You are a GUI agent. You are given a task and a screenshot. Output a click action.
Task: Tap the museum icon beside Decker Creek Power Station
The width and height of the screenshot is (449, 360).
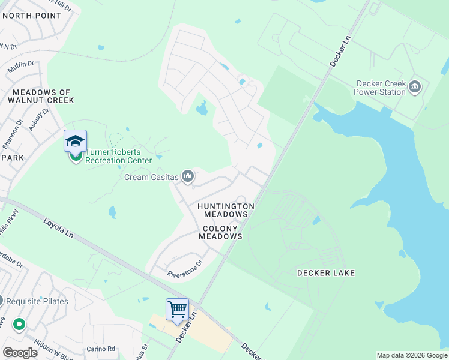pos(415,88)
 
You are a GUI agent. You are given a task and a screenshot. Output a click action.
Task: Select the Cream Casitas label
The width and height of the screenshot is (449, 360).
pos(152,177)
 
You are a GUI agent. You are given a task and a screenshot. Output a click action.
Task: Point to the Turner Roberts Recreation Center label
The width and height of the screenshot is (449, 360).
pos(119,156)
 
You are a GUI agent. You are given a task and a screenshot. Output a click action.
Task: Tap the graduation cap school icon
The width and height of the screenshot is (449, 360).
pos(76,141)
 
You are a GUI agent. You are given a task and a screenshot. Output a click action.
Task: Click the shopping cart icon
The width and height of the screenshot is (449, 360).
pos(178,310)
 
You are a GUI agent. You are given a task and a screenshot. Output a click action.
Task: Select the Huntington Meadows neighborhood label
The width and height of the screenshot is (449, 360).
pos(226,210)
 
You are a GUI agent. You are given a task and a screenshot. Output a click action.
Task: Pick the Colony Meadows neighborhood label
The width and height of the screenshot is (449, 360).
pos(222,232)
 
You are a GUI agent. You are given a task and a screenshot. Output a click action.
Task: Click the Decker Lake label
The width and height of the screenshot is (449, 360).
pos(326,273)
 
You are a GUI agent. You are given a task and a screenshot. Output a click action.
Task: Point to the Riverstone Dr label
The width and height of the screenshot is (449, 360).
pos(185,268)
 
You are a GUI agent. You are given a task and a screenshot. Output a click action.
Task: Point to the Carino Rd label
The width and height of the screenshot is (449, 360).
pos(100,349)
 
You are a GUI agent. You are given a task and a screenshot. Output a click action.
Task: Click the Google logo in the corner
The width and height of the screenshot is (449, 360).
pos(20,352)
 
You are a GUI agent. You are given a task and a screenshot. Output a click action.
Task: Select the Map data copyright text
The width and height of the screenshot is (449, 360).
pos(412,355)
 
